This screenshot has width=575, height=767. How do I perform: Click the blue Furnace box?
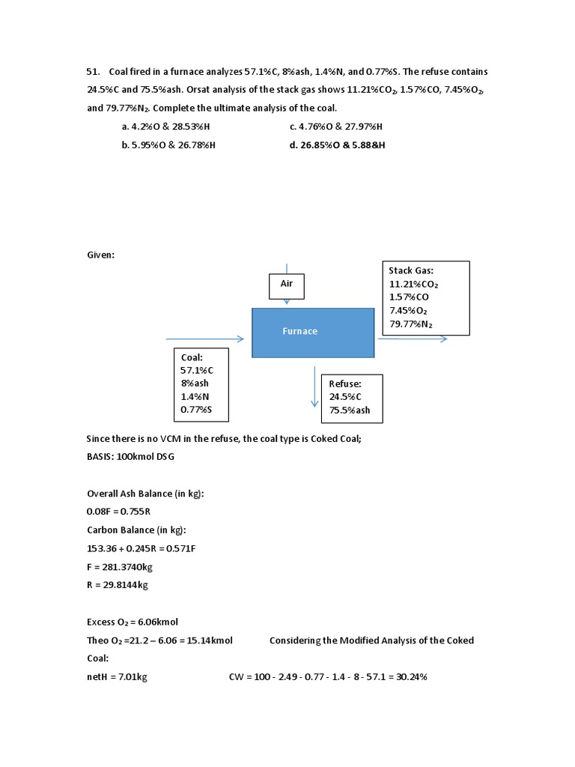313,332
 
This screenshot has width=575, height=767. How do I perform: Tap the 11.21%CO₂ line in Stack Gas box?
413,284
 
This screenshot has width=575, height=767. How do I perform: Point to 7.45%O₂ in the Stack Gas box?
408,311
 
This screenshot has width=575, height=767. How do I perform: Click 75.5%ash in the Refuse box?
350,410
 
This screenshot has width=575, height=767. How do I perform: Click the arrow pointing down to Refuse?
315,388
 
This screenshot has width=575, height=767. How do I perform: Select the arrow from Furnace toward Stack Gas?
412,339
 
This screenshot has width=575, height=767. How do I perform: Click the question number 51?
94,72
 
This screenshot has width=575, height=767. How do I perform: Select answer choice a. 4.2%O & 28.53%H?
173,127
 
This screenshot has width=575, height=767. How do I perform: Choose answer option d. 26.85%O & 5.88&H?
338,145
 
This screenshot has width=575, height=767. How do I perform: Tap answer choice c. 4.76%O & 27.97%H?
341,127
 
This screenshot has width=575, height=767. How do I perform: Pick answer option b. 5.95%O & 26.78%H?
168,145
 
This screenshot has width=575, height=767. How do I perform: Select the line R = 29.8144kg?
118,585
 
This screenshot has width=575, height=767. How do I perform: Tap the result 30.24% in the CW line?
411,676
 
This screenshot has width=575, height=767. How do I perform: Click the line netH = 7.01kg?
118,676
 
